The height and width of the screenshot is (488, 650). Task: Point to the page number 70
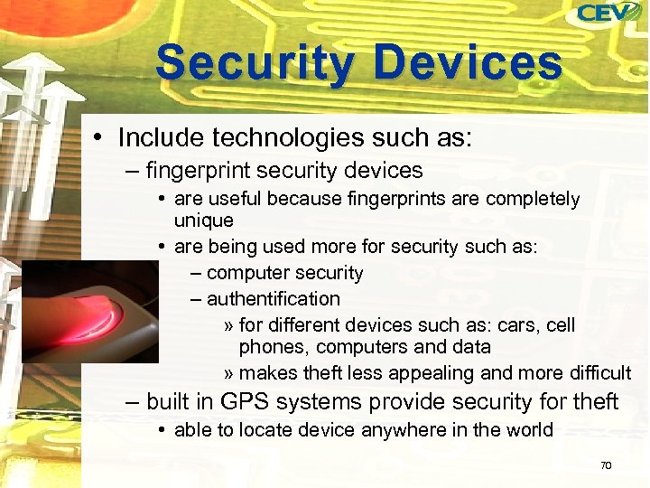[606, 465]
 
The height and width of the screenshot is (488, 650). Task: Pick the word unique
[203, 221]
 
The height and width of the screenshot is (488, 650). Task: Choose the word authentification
[273, 298]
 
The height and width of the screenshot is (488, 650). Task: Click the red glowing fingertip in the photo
[95, 314]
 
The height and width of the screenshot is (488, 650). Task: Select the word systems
[339, 401]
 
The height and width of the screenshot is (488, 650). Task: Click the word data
[472, 347]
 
